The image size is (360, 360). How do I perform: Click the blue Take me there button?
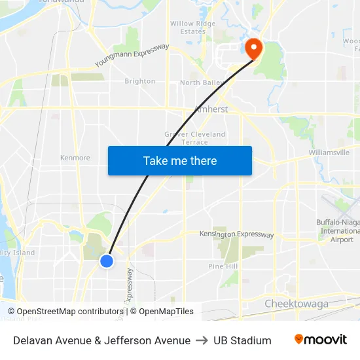(x=180, y=160)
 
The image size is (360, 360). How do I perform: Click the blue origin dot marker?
(x=107, y=261)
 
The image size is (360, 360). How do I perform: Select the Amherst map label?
(x=211, y=109)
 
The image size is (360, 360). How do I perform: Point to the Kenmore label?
(x=75, y=158)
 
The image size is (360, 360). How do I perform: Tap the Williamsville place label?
(x=329, y=153)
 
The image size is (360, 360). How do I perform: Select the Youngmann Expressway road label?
(x=132, y=56)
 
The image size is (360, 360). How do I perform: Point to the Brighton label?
(x=140, y=82)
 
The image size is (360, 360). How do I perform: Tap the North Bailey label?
(x=201, y=83)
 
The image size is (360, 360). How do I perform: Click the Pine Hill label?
(x=223, y=266)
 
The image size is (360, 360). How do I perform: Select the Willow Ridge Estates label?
(x=192, y=27)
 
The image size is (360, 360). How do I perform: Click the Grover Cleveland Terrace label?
(x=194, y=138)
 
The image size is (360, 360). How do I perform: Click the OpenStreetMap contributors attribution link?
(x=70, y=312)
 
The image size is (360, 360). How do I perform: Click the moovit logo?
(x=320, y=340)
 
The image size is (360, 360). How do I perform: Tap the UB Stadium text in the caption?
(x=242, y=340)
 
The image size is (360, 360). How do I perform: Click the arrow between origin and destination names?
(x=202, y=340)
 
